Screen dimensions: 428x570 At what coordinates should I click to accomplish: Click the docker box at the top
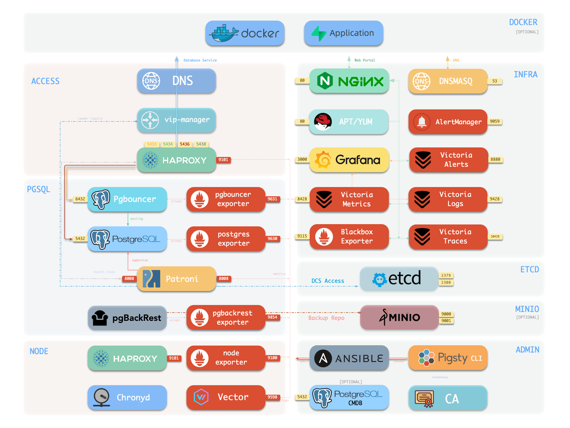point(245,33)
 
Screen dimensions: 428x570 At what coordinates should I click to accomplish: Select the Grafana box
point(349,160)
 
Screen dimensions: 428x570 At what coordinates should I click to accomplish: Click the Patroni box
point(176,279)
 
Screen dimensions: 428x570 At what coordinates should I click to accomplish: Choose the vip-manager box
point(176,120)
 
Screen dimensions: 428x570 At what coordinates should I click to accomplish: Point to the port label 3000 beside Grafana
point(302,159)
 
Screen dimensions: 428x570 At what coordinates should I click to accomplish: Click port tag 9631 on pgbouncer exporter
point(272,199)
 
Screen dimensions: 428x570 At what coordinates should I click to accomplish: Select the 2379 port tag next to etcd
point(446,276)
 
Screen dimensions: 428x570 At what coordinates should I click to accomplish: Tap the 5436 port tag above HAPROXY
point(185,144)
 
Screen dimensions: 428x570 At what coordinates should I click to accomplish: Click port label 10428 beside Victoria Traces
point(495,237)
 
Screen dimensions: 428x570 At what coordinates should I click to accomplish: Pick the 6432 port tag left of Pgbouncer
point(80,199)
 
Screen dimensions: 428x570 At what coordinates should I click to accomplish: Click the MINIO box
point(399,317)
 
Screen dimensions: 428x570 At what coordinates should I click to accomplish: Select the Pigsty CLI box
point(448,358)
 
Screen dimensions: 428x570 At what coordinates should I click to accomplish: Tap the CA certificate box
point(448,398)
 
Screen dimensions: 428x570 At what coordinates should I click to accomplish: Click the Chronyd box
point(127,398)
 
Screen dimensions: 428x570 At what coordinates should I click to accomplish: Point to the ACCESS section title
point(45,81)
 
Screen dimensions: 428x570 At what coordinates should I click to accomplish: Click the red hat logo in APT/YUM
point(323,121)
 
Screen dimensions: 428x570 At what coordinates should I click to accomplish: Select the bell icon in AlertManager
point(421,121)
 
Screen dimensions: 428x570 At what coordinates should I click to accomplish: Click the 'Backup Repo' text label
point(326,318)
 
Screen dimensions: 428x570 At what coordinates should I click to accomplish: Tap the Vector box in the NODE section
point(226,397)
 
